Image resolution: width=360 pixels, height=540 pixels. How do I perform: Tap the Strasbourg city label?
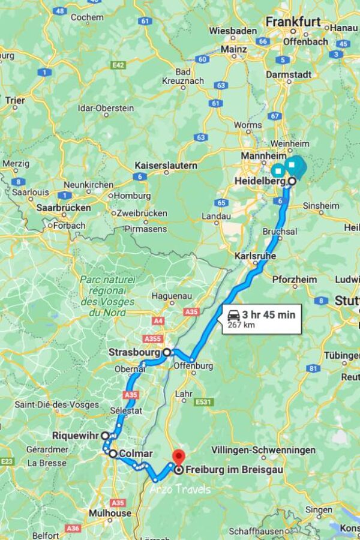(x=135, y=352)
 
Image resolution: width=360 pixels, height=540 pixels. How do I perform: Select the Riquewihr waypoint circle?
(x=105, y=436)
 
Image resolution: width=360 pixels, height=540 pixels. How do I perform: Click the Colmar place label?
(x=136, y=454)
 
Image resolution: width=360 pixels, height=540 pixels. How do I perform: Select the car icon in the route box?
(x=233, y=314)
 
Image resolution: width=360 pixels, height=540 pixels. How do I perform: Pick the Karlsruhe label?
(x=254, y=256)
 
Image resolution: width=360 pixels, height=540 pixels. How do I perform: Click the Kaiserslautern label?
(x=166, y=165)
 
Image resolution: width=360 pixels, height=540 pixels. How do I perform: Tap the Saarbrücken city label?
(x=64, y=208)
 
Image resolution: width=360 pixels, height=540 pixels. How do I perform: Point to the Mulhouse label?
(x=110, y=514)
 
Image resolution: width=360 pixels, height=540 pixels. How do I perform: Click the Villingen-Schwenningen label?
(x=263, y=450)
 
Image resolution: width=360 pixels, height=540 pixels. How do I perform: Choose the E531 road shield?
(x=204, y=401)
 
